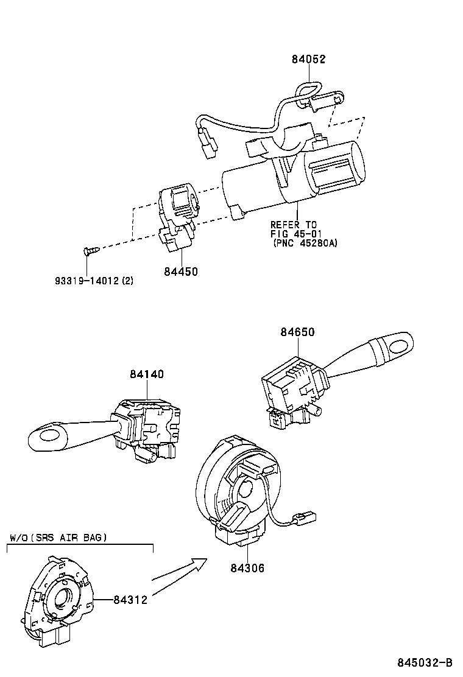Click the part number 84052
click(x=308, y=60)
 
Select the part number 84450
click(x=180, y=272)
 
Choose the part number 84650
click(x=298, y=332)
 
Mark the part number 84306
click(x=247, y=568)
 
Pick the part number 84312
click(x=130, y=599)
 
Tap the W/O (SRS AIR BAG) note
click(x=58, y=538)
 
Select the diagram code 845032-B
click(x=426, y=662)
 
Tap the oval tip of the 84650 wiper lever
click(x=397, y=345)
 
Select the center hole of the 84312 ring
click(x=63, y=598)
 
